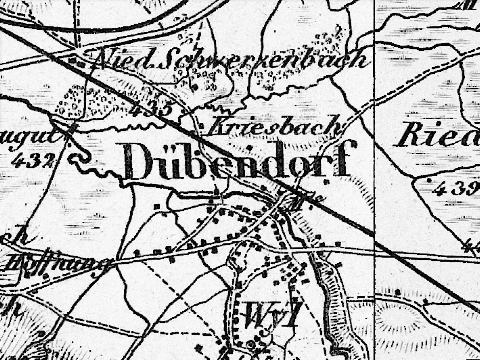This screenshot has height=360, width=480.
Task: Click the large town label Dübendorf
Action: click(x=237, y=162)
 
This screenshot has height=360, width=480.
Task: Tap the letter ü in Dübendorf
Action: click(x=173, y=164)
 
